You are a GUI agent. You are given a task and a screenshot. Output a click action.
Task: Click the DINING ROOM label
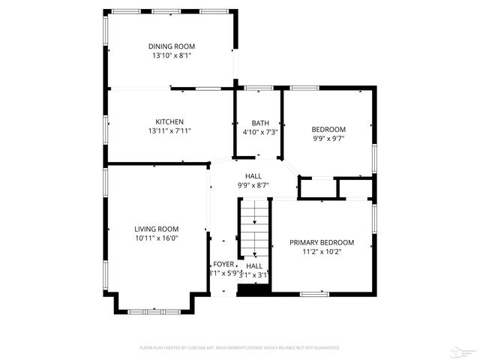[171, 46]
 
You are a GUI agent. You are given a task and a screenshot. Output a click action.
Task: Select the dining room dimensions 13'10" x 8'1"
[171, 55]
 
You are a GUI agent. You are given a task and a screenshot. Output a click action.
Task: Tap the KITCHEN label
[169, 121]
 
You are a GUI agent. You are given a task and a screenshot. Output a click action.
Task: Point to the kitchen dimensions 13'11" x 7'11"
[169, 131]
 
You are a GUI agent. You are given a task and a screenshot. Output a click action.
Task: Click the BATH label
[260, 123]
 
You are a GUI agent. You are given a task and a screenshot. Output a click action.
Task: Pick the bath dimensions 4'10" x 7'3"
[260, 132]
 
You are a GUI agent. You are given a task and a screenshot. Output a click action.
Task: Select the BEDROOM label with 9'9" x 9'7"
[329, 129]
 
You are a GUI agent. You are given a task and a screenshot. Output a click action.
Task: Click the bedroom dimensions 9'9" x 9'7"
[329, 139]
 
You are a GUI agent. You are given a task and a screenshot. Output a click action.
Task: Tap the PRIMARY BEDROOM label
[322, 242]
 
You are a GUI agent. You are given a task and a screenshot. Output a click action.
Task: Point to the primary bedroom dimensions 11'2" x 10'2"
[322, 252]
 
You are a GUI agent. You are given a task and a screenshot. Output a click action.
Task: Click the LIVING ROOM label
[156, 229]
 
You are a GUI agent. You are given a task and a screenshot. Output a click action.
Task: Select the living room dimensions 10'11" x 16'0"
[156, 238]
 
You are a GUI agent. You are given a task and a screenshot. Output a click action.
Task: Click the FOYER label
[223, 265]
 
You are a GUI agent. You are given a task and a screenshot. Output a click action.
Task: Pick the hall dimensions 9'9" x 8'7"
[253, 184]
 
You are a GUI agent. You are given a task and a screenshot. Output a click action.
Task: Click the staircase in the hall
[254, 229]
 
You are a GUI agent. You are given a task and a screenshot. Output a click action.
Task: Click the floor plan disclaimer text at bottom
[240, 348]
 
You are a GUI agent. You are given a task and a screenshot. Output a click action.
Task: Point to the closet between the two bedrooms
[318, 188]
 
